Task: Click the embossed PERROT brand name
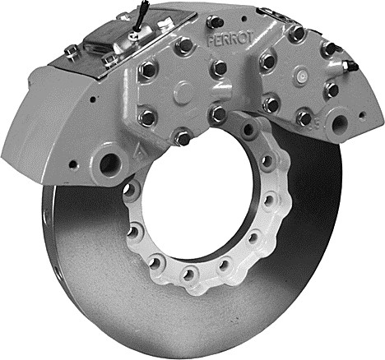coord(229,40)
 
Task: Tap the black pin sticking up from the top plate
coord(141,14)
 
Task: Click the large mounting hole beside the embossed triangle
coord(110,164)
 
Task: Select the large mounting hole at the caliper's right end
coord(340,124)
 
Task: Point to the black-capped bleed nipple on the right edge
coord(349,65)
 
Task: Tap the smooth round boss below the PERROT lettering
coord(184,92)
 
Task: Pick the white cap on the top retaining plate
coord(164,24)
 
